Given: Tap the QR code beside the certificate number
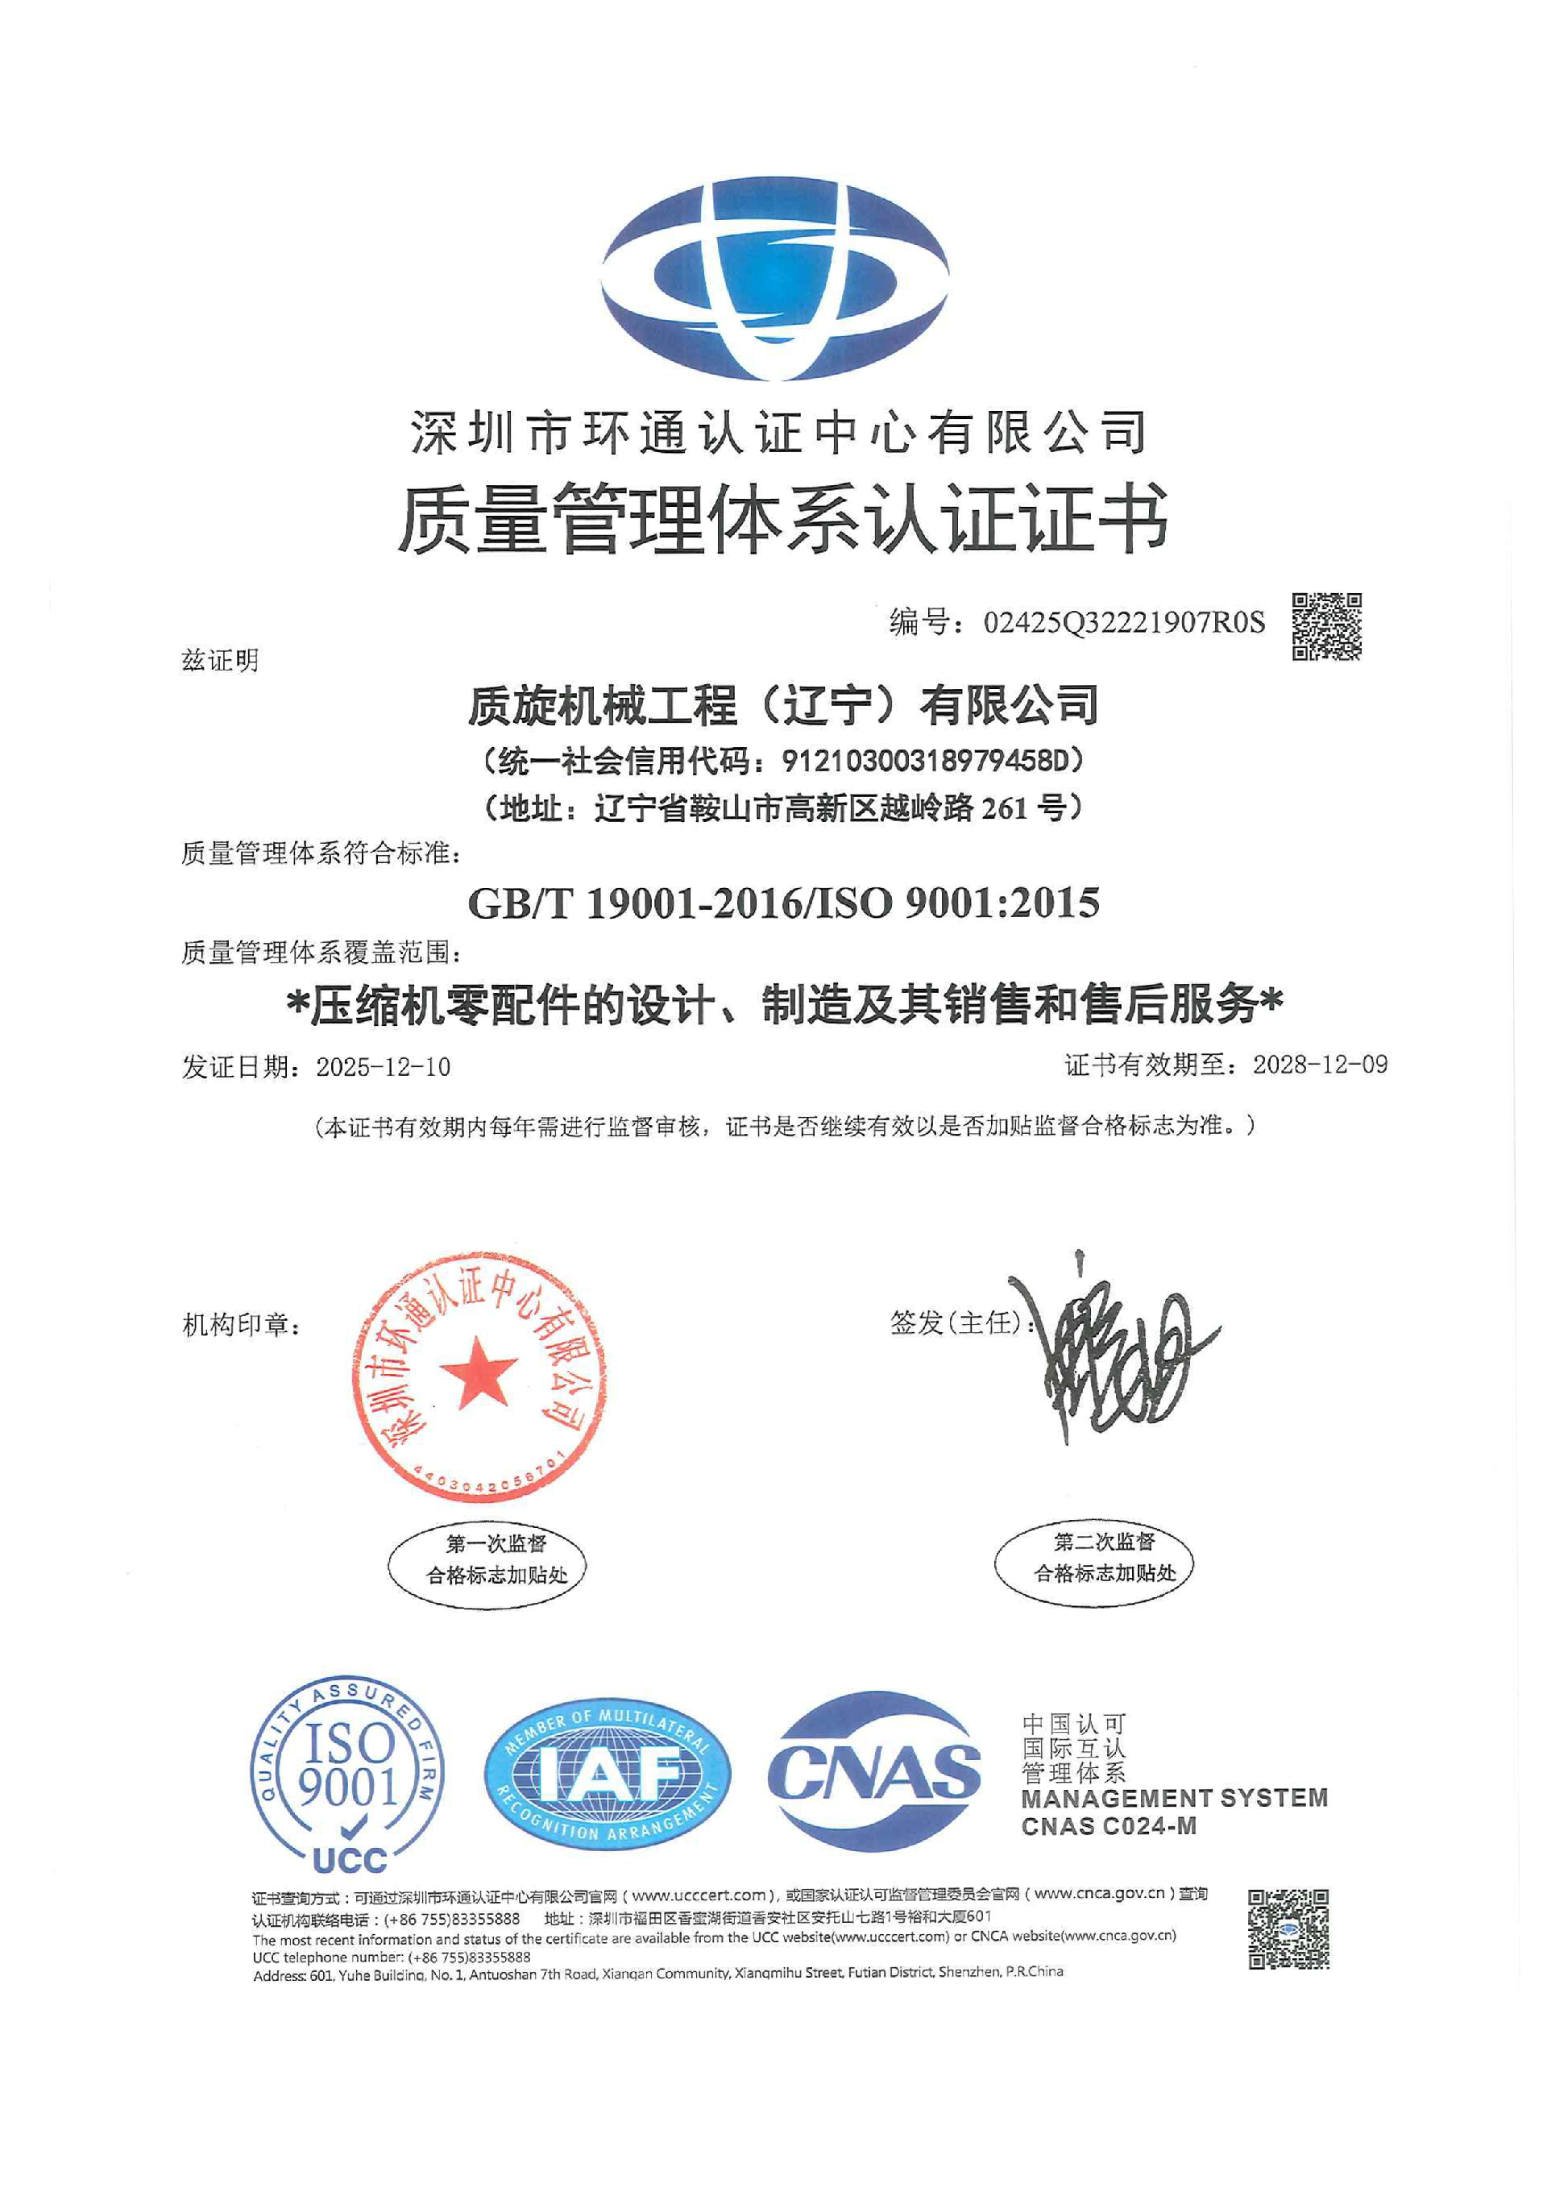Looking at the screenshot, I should tap(1326, 626).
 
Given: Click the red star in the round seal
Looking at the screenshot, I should tap(477, 1373).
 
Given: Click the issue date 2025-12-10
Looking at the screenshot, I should tap(383, 1066).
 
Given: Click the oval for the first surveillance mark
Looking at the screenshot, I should tap(486, 1560).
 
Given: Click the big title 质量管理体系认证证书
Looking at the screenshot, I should tap(783, 517).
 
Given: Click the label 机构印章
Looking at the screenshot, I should tap(240, 1326).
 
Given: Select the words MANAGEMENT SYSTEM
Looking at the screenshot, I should tap(1174, 1797).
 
